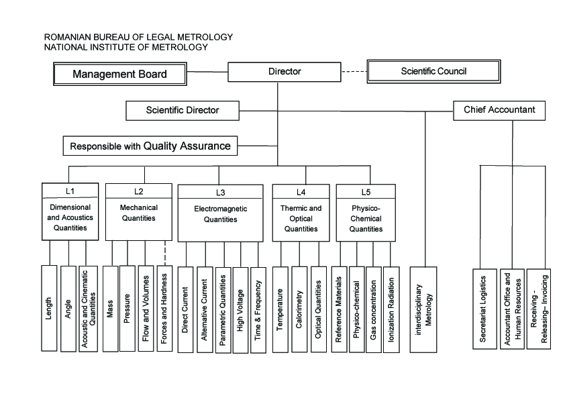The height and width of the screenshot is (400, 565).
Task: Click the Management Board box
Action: (120, 74)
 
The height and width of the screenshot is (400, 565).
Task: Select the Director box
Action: (285, 72)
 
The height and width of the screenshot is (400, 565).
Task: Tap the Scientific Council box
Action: (434, 71)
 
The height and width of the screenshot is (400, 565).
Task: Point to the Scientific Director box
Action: (183, 110)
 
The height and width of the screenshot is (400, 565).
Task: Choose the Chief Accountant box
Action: (499, 110)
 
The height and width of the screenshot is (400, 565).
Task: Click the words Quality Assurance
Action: (187, 146)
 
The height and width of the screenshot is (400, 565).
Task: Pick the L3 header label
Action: (221, 193)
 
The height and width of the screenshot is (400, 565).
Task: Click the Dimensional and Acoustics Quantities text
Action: (70, 217)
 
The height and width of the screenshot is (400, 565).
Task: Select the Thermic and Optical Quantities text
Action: (301, 218)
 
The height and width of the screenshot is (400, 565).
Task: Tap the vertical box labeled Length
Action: (49, 308)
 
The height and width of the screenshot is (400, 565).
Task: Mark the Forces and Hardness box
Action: (164, 309)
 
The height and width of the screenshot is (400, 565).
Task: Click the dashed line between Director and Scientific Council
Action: (354, 72)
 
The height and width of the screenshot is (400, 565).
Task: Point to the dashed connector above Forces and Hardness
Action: (165, 253)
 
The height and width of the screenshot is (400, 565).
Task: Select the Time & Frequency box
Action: (258, 310)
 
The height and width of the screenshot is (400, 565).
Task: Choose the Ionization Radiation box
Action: (391, 309)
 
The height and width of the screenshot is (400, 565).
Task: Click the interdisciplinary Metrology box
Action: (423, 309)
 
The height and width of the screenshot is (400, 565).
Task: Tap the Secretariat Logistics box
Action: (484, 309)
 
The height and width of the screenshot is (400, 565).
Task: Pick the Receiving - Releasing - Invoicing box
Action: (539, 309)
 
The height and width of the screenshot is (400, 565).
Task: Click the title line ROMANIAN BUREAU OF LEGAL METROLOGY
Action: (138, 37)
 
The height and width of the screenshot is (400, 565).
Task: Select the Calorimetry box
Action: (299, 309)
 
